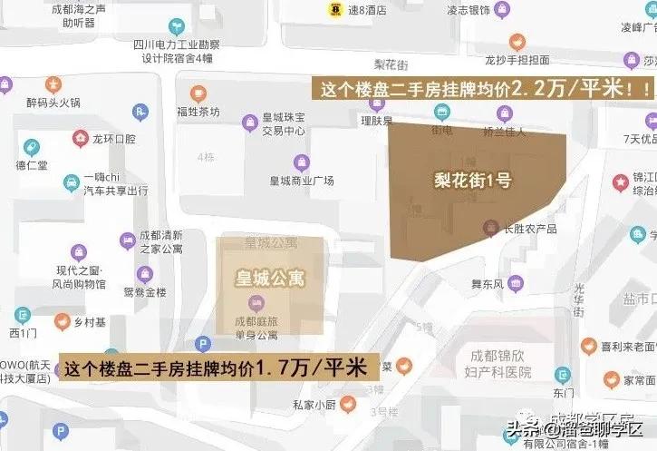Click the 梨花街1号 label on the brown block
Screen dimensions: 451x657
(472, 180)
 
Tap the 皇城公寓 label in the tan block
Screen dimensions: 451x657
(270, 278)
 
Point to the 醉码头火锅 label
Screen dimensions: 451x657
(53, 103)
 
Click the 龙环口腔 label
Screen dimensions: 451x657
(114, 140)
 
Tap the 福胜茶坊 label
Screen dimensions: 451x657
(198, 112)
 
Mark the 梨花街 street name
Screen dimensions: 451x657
(392, 64)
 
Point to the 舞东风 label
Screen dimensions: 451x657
(488, 258)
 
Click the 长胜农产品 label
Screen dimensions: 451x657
(530, 229)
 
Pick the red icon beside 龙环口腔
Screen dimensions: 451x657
(81, 140)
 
